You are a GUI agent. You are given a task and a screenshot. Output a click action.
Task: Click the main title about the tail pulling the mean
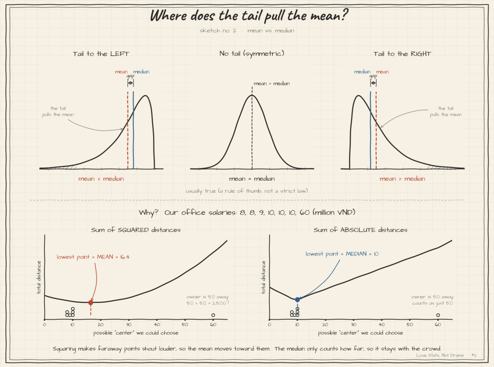249,15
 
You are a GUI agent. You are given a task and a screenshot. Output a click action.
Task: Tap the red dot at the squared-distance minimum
91,302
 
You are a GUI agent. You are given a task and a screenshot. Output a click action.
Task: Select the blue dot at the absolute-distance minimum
297,299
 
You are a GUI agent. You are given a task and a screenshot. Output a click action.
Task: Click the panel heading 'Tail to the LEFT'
101,54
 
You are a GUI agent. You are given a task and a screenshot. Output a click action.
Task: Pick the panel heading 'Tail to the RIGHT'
402,54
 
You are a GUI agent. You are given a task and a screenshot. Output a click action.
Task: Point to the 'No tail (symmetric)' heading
252,54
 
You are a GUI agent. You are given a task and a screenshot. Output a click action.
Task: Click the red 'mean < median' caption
101,179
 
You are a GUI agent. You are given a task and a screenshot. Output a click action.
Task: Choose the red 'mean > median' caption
402,179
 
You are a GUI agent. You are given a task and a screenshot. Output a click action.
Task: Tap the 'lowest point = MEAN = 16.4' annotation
93,257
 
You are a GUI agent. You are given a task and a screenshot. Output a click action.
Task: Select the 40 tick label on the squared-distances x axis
157,325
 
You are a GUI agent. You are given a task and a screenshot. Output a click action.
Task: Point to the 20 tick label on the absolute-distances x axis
325,325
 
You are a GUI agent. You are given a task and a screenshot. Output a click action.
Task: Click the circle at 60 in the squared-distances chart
213,315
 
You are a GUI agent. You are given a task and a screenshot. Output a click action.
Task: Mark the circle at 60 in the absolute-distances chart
438,315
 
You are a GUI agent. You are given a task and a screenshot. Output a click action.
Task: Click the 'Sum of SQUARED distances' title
136,230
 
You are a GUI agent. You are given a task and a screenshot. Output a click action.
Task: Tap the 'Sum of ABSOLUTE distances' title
360,230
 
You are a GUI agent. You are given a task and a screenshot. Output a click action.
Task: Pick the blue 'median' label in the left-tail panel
141,72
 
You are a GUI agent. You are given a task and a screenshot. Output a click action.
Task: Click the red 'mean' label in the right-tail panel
382,72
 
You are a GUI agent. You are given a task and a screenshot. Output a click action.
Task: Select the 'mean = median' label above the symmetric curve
272,84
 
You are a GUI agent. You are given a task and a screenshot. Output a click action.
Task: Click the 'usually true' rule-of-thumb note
247,191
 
